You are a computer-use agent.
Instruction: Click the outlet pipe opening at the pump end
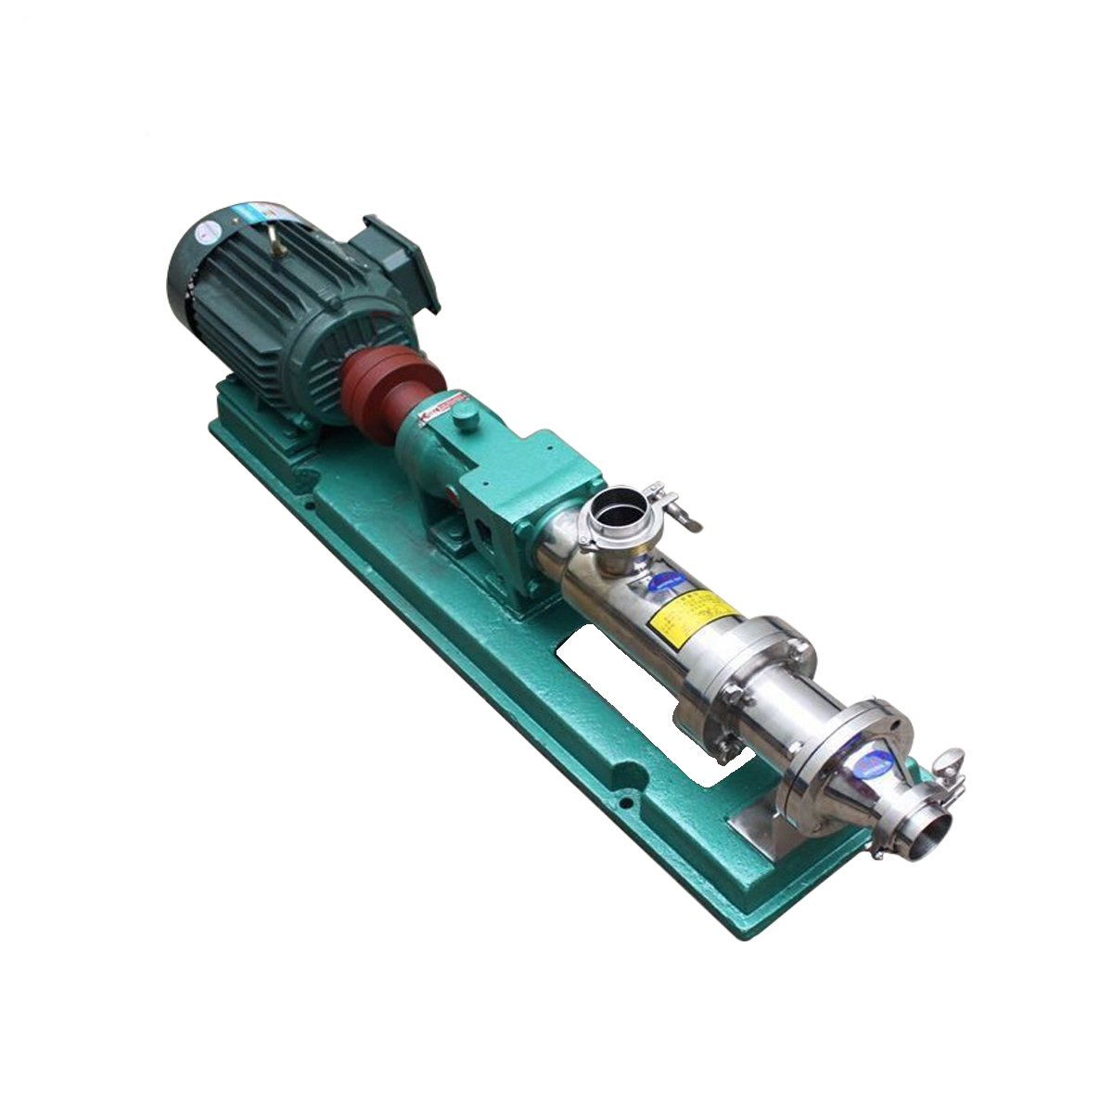[x=939, y=828]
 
